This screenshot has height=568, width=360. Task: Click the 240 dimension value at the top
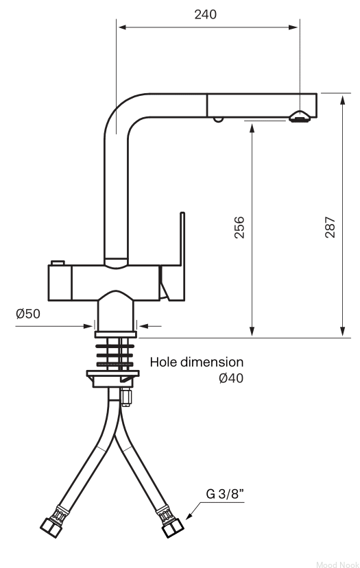205,14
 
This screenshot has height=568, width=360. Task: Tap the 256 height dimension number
239,227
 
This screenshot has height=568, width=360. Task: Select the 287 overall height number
330,227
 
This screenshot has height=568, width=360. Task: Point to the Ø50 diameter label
28,314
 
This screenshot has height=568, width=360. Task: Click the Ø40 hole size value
231,378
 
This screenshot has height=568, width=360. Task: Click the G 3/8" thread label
225,494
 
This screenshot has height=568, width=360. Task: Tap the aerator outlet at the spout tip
300,116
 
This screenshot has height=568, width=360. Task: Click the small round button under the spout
218,119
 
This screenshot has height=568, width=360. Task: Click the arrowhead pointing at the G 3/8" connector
189,516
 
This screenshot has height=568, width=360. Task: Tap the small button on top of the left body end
58,262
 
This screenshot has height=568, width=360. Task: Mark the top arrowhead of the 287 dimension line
343,99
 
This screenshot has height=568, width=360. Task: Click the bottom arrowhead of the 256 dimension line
252,332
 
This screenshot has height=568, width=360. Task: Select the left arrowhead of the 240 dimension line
122,27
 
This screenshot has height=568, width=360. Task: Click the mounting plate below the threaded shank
112,373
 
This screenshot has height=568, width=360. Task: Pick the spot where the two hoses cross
115,434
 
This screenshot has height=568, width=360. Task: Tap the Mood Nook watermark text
337,565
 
